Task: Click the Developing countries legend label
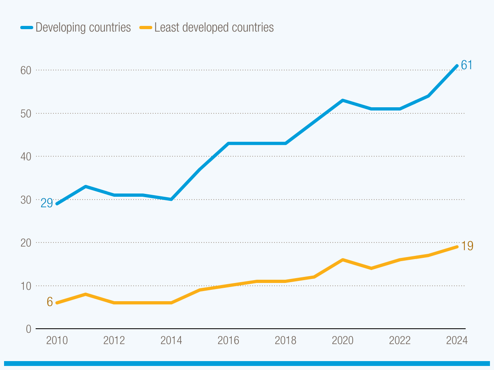[83, 28]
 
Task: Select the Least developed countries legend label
[214, 28]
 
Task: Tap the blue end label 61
[467, 65]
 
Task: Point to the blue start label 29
[47, 203]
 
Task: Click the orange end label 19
[467, 246]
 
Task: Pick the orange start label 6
[50, 302]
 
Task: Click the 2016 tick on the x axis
[228, 340]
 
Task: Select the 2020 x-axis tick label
[343, 340]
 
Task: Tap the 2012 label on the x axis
[114, 340]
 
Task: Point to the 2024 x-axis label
[457, 340]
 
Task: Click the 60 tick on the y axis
[26, 70]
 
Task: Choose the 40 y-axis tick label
[26, 156]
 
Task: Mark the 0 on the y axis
[28, 329]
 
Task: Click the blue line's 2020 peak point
[343, 100]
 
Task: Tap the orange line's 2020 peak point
[343, 259]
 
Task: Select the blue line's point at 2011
[85, 187]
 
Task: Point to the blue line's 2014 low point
[171, 200]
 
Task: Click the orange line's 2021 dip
[371, 268]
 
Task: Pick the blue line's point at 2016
[228, 143]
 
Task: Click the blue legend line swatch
[26, 28]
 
